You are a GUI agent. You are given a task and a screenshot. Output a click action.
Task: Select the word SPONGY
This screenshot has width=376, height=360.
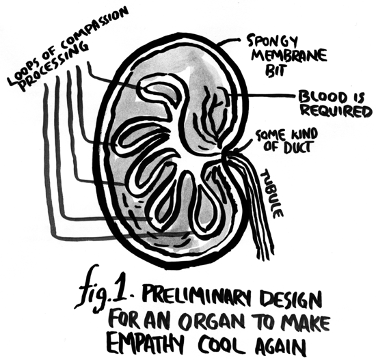point(272,43)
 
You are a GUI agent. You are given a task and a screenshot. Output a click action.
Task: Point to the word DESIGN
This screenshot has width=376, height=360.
point(291,300)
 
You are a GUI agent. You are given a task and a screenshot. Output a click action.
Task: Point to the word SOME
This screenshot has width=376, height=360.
point(271,136)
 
